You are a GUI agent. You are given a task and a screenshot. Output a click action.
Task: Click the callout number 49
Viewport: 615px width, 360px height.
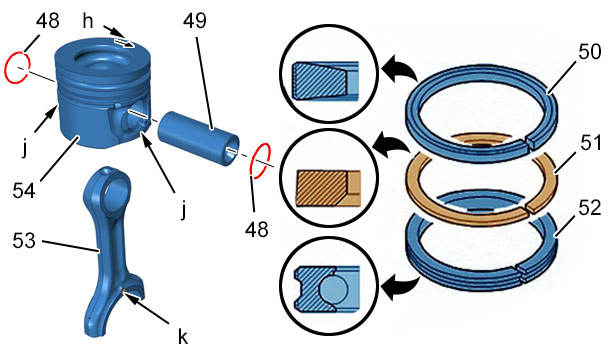(x=195, y=20)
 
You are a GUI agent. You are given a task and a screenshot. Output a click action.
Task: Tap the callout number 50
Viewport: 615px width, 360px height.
(x=589, y=51)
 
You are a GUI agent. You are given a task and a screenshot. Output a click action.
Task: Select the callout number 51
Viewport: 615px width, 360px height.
(x=591, y=143)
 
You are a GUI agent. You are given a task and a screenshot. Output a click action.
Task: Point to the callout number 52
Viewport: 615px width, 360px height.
(x=590, y=207)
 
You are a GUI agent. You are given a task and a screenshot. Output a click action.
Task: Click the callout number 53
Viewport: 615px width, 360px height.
(x=24, y=240)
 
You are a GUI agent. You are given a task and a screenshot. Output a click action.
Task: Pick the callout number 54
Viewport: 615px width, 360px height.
(x=24, y=191)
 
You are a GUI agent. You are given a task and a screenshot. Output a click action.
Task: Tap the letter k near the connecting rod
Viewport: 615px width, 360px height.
(x=183, y=335)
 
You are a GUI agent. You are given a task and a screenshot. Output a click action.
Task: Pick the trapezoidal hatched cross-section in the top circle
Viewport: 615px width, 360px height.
(x=319, y=80)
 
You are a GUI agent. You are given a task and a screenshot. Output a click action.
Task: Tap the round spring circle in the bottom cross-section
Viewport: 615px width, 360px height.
(x=333, y=289)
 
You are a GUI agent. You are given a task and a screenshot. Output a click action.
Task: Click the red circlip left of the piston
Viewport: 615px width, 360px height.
(x=16, y=67)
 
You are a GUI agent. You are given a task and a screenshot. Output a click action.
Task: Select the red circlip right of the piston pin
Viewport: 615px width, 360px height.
(x=260, y=161)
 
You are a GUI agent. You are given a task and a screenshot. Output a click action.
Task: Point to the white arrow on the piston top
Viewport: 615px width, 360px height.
(x=124, y=43)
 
